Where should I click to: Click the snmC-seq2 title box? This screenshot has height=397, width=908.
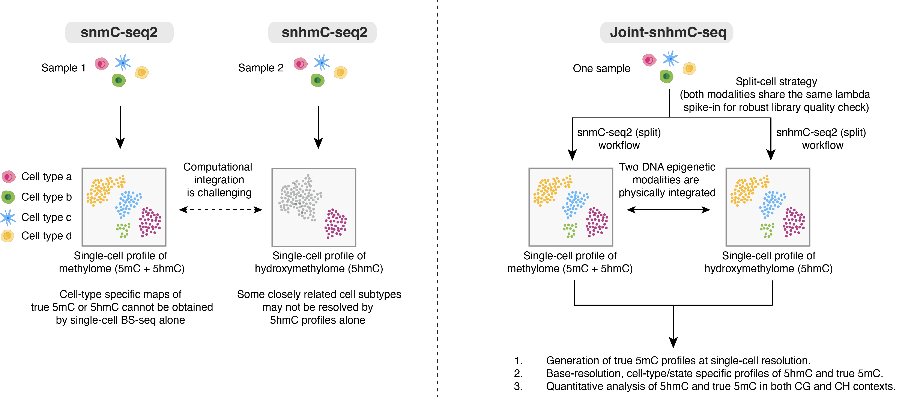pyautogui.click(x=119, y=32)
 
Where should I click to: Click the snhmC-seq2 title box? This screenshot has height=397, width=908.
pyautogui.click(x=323, y=32)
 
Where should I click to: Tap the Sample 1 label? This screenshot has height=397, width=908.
pyautogui.click(x=63, y=68)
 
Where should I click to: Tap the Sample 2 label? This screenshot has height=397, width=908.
pyautogui.click(x=261, y=68)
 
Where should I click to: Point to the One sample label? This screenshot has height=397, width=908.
pyautogui.click(x=601, y=68)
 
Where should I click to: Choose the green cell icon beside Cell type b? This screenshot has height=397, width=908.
pyautogui.click(x=8, y=197)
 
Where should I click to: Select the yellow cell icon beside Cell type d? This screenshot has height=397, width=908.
pyautogui.click(x=8, y=235)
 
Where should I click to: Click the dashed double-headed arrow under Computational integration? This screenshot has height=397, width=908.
pyautogui.click(x=220, y=210)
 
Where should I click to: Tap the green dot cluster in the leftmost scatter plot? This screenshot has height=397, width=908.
pyautogui.click(x=123, y=230)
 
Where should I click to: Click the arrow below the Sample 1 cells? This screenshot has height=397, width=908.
pyautogui.click(x=120, y=127)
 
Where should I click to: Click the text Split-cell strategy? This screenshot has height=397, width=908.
pyautogui.click(x=776, y=82)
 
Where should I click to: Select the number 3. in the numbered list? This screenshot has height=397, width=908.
pyautogui.click(x=518, y=386)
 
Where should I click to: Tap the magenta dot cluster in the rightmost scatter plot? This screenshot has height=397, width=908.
pyautogui.click(x=794, y=221)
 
